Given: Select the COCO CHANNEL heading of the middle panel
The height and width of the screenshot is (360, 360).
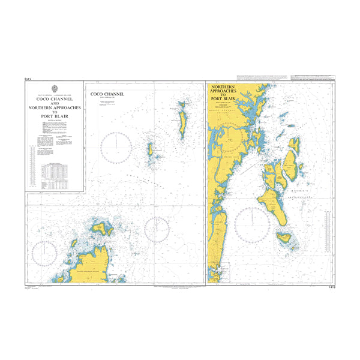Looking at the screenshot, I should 107,94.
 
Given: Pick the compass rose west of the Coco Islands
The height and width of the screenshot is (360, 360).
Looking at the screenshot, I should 118,147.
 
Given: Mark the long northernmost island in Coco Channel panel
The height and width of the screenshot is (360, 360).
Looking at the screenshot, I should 181,119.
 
